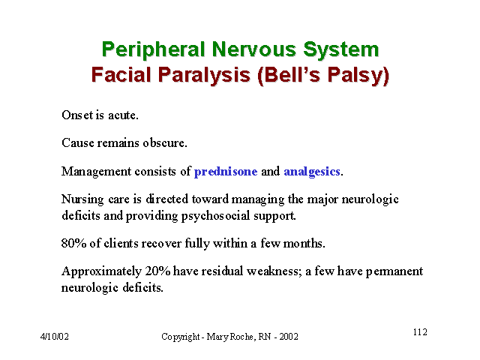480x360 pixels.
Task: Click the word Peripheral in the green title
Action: tap(153, 50)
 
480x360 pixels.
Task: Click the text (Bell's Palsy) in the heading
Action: tap(323, 75)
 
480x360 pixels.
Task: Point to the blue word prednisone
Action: tap(226, 172)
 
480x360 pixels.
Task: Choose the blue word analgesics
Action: tap(312, 172)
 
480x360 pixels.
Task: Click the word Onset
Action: tap(77, 115)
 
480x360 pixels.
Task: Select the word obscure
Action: tap(165, 143)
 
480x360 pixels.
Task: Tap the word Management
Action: tap(97, 172)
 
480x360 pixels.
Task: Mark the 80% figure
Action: tap(73, 243)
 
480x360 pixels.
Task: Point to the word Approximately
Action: tap(102, 271)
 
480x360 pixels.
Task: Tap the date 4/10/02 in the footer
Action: tap(55, 337)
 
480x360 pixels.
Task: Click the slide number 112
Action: tap(420, 332)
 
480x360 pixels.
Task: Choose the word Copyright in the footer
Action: tap(181, 337)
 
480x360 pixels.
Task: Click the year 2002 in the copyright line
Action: tap(289, 337)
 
